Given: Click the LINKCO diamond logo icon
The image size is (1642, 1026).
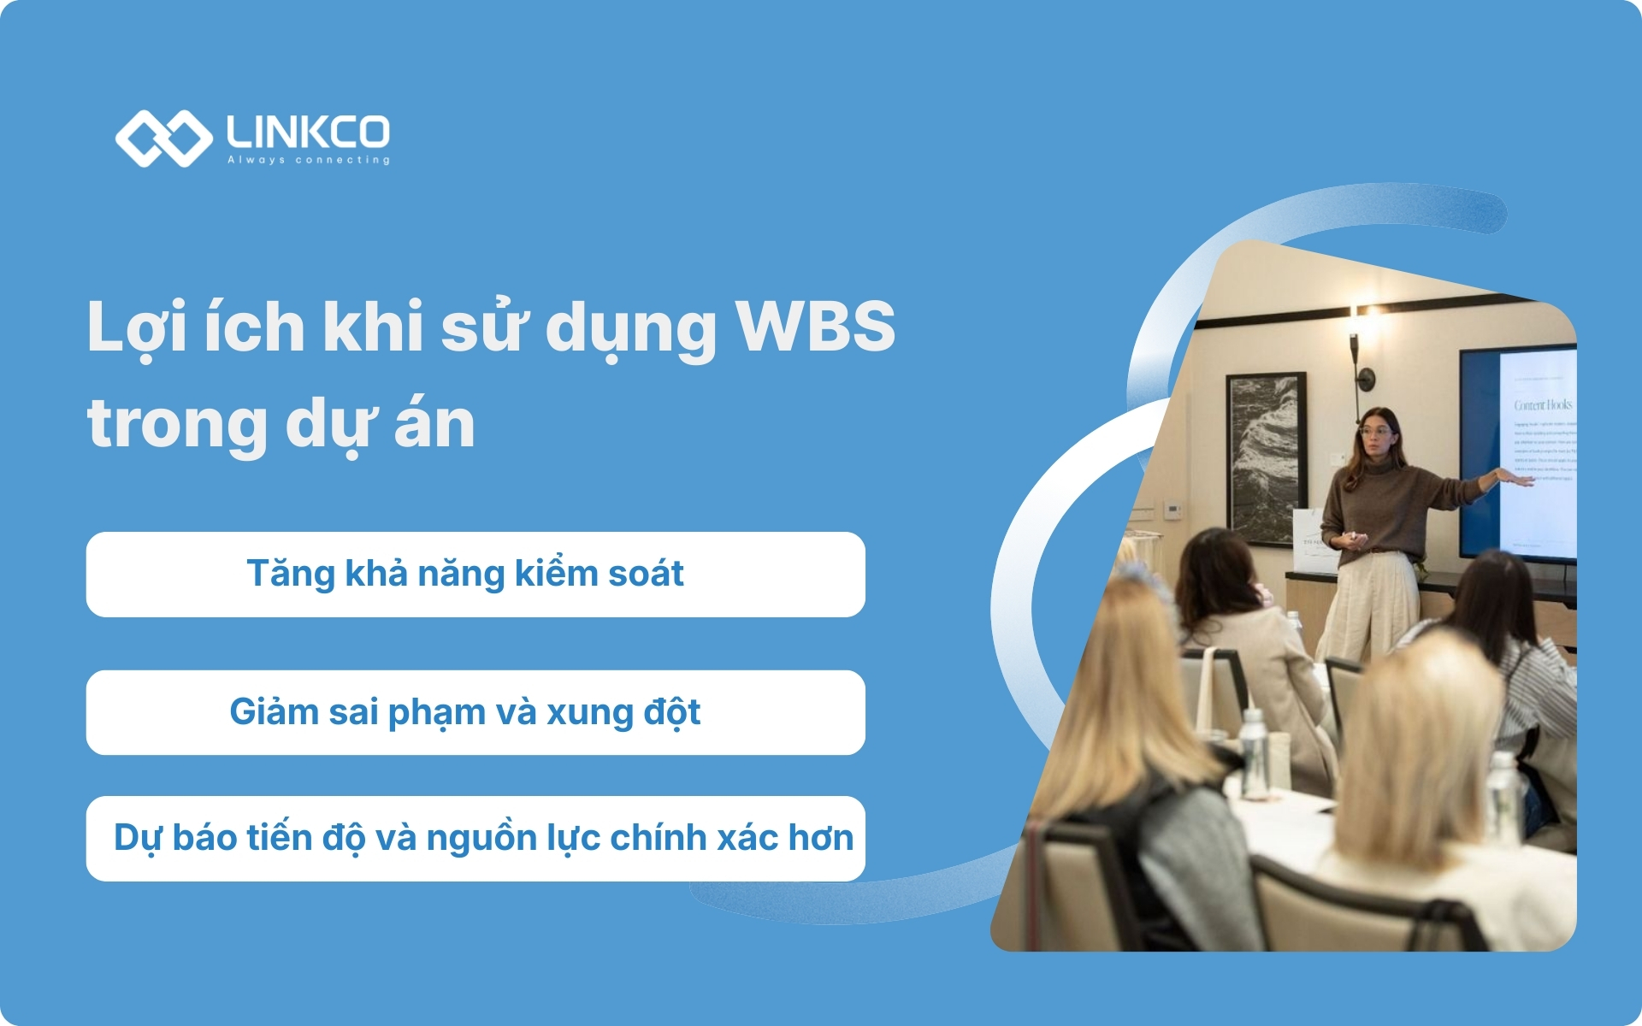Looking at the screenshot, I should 163,138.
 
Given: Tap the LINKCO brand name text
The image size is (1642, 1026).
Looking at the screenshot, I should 308,132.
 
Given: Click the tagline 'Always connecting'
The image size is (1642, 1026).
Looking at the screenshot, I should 308,160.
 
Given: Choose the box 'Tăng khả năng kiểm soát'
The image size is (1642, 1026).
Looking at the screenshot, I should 475,575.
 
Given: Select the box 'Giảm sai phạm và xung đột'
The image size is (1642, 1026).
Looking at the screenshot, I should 475,712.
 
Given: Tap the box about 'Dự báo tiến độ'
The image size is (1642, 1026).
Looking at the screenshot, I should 475,839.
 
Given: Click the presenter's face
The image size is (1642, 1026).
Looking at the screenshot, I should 1376,435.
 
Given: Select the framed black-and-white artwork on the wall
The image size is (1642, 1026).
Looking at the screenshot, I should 1266,457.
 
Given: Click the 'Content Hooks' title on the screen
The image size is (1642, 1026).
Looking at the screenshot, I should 1543,404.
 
